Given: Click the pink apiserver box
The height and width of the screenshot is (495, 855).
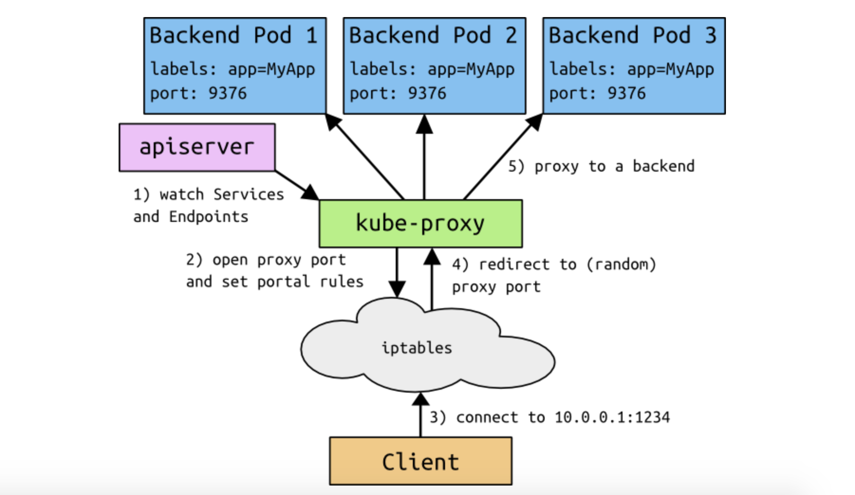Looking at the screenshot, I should tap(197, 147).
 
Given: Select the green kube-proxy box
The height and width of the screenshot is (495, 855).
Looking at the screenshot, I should tap(420, 223).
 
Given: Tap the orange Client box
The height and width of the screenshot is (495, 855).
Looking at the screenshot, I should tap(420, 461).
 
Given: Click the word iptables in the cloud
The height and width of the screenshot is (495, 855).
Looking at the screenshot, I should tap(417, 348).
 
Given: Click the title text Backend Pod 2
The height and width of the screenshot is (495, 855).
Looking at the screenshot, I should tap(433, 36).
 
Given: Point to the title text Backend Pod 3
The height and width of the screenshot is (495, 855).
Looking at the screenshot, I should tap(632, 36).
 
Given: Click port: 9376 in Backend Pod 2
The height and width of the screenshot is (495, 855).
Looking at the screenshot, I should tap(398, 93).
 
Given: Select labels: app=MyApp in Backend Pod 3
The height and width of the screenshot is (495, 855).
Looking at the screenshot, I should tap(632, 69).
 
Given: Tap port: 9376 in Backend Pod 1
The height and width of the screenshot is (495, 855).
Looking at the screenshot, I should tap(198, 93).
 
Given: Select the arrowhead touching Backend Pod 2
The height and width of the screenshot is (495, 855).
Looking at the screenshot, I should tap(424, 124).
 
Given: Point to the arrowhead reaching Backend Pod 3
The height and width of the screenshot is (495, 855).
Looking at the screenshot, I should tap(534, 122).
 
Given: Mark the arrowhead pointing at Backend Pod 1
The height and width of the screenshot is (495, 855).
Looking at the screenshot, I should tap(333, 122).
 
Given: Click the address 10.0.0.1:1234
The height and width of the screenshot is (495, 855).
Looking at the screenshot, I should tap(612, 417).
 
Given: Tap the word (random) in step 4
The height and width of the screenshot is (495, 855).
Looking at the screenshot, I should tap(622, 264).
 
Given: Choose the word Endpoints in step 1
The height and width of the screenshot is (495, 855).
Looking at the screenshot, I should tap(209, 217).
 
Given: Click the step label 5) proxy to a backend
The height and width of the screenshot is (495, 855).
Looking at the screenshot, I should tap(601, 166).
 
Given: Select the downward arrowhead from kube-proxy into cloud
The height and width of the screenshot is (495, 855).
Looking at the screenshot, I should tap(397, 288).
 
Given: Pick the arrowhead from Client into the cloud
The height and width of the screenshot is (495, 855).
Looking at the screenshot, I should tap(420, 400).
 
